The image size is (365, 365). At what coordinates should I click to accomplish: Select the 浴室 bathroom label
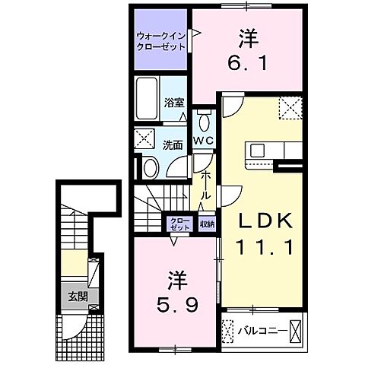[174, 103]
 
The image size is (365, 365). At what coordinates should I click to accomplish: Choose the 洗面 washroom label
[173, 143]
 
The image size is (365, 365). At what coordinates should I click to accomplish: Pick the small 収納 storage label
[207, 224]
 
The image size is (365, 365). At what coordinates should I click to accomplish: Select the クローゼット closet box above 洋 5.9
[179, 224]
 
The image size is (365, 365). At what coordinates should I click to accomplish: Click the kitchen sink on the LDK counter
[254, 149]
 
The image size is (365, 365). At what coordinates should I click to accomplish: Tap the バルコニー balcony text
[262, 332]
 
